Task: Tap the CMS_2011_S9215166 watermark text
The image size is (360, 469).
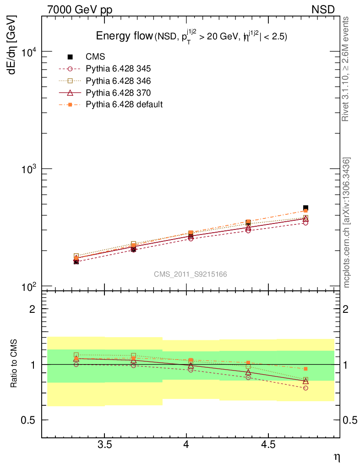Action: (x=191, y=274)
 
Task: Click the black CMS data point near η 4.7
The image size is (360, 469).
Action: (x=305, y=208)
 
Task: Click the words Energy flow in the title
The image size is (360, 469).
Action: (x=124, y=37)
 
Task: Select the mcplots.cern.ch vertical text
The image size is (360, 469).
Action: (x=347, y=223)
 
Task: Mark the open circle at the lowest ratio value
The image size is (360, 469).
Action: (x=305, y=388)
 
